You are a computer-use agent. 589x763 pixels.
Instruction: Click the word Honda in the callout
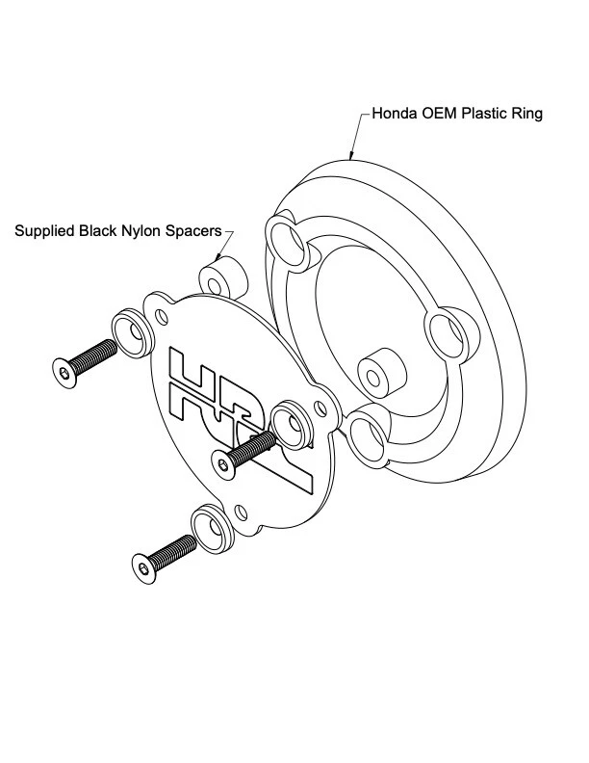(393, 115)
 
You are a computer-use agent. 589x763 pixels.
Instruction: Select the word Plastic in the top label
(483, 115)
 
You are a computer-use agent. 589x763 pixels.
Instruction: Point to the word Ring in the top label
(527, 115)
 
